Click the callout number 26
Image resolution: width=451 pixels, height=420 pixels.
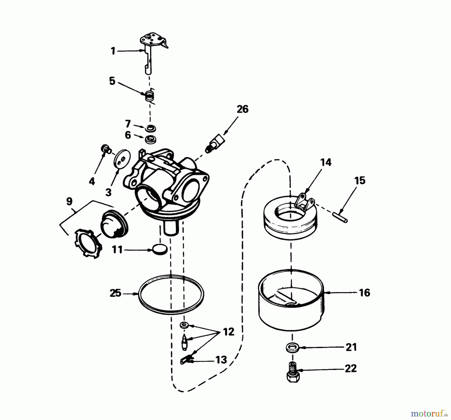coord(242,109)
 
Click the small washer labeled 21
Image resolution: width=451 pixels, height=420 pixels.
coord(292,348)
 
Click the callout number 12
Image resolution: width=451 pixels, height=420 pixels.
coord(228,332)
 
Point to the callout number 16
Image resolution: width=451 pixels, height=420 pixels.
coord(364,293)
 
